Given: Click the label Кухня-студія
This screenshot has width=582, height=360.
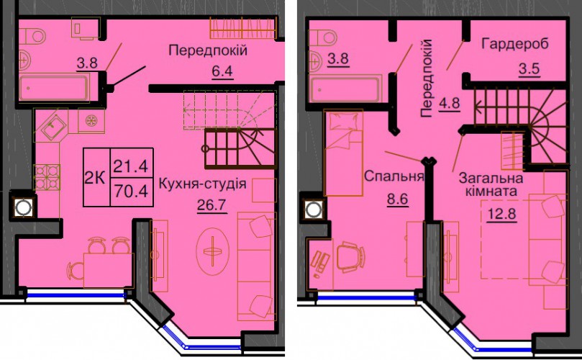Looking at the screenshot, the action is [203, 184].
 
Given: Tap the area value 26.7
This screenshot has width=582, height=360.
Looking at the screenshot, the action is [212, 204].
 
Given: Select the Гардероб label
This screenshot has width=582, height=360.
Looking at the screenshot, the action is [514, 44].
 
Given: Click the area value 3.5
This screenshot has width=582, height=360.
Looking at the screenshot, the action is [529, 69].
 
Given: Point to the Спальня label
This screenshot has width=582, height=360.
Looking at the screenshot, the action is [394, 176].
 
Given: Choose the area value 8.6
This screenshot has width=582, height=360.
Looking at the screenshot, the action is [398, 199].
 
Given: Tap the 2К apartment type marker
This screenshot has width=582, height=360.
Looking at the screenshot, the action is [94, 178].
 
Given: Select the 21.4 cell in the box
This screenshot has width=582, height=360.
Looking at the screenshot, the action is [131, 166].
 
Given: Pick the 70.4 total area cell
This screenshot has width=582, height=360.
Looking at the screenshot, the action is [131, 192].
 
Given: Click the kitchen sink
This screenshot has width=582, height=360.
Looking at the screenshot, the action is [54, 127].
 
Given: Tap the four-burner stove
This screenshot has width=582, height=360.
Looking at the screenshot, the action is [47, 177].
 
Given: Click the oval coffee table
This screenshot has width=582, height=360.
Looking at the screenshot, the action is [213, 251].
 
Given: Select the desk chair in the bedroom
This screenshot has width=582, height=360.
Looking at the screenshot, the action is [350, 257].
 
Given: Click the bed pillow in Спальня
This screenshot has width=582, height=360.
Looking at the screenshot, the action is [344, 122].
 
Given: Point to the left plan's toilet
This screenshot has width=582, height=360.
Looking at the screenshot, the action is [32, 37].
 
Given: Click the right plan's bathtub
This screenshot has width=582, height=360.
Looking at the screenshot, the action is [346, 88].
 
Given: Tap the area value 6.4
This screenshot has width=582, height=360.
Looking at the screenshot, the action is [222, 71].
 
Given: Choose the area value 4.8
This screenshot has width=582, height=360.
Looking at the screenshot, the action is [450, 102].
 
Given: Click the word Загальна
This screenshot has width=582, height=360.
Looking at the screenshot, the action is [491, 179].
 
